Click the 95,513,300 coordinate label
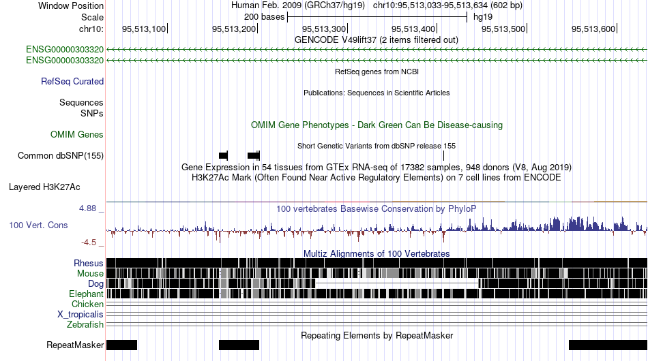tap(324, 29)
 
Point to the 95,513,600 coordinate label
tap(593, 29)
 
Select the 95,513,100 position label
tap(144, 29)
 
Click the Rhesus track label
tap(89, 263)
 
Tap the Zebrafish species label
tap(85, 325)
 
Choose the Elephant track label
tap(86, 294)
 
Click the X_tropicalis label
tap(80, 315)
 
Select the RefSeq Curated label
tap(72, 81)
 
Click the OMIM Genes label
tap(77, 134)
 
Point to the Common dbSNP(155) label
tap(61, 155)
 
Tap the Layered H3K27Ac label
tap(44, 187)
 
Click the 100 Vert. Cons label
tap(38, 225)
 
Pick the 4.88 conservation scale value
tap(87, 208)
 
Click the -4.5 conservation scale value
tap(89, 242)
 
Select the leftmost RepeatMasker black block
tap(121, 345)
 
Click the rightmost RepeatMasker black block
tap(608, 345)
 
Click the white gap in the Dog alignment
tap(397, 284)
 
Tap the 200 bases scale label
tap(264, 17)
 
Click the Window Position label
tap(71, 5)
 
